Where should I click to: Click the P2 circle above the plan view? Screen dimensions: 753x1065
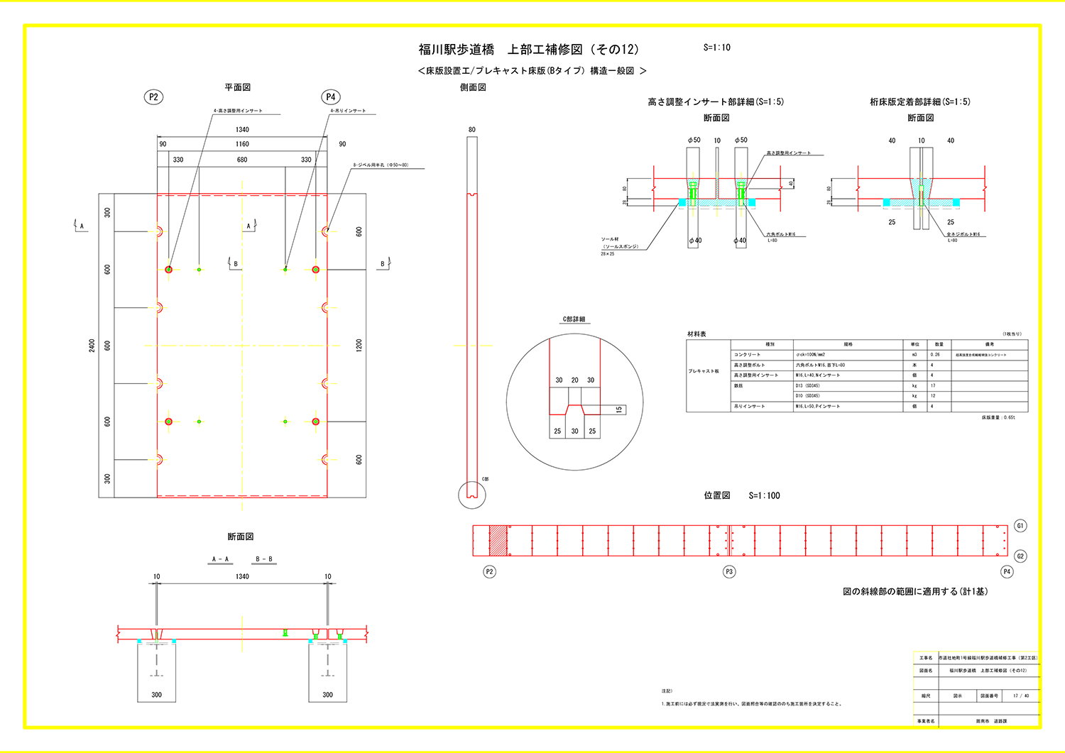153,97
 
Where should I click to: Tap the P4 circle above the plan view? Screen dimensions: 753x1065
330,97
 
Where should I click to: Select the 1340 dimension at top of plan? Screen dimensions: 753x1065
242,130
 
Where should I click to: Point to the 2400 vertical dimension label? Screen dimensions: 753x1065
92,346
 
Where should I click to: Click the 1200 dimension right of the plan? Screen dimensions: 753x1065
359,346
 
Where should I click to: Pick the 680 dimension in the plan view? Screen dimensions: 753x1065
242,160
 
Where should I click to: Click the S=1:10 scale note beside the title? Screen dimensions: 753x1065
716,48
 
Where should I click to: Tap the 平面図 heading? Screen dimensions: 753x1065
238,87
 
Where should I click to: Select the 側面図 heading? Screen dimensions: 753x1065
473,87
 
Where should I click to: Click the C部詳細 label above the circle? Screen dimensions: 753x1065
574,319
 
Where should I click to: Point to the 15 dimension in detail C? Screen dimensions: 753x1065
618,410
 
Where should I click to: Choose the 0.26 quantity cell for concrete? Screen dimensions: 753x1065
935,355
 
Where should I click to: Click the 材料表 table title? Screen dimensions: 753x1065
697,334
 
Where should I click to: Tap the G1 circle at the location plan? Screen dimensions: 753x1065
1020,526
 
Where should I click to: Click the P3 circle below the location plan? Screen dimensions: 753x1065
729,572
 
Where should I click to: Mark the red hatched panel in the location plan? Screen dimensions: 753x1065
498,541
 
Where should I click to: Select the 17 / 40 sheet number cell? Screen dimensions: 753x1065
1020,696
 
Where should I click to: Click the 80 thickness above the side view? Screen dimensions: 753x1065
472,130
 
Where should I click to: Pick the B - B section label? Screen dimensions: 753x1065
264,559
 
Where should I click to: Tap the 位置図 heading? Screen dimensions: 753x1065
717,495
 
